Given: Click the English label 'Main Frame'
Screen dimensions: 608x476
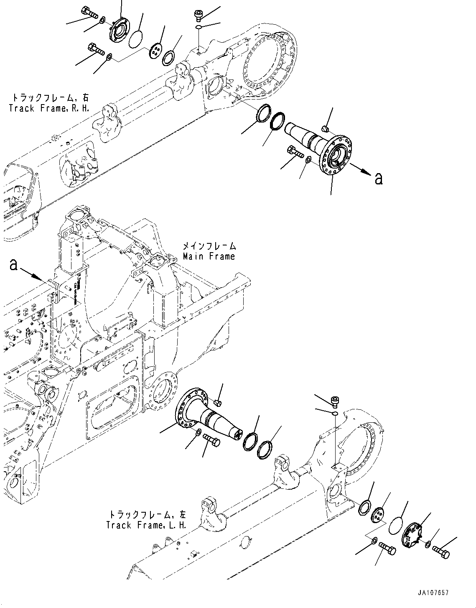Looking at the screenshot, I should coord(209,256).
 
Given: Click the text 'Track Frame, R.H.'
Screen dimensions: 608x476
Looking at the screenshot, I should coord(50,108).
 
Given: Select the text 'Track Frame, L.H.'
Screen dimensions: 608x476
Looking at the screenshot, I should coord(146,525).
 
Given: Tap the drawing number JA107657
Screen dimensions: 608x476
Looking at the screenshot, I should coord(433,593).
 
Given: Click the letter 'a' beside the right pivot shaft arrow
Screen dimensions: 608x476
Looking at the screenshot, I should coord(378,179).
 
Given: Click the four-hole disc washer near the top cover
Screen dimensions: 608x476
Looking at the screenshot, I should coord(156,51).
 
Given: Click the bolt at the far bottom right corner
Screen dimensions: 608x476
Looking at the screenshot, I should coord(441,551).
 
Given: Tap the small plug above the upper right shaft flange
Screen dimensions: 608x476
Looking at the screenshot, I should coord(326,127).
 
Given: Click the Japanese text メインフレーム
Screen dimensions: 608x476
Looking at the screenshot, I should coord(209,246).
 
